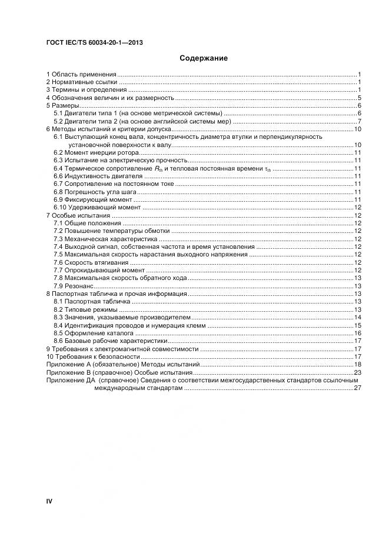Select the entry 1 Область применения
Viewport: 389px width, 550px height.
coord(81,74)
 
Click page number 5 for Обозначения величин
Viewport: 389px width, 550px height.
coord(358,98)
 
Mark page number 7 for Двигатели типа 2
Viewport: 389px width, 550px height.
coord(358,121)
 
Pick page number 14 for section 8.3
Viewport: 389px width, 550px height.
coord(357,317)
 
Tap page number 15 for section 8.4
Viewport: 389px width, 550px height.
coord(357,325)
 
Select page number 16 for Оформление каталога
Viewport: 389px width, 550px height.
coord(357,333)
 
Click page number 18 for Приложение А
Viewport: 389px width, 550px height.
coord(357,365)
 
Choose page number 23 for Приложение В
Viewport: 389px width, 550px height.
coord(357,372)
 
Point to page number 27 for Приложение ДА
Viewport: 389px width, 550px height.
coord(357,389)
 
